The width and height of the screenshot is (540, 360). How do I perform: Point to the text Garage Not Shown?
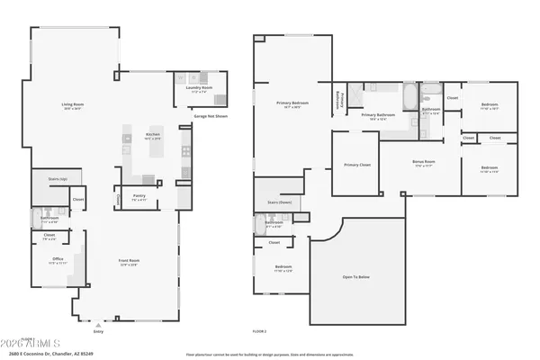210,117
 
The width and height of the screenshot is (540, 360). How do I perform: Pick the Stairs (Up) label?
57,179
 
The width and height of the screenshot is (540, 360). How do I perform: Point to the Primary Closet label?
357,165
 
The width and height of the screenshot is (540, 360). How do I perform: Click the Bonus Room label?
424,163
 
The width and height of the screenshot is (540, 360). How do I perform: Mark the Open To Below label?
355,276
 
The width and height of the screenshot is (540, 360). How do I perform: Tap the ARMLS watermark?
36,343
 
